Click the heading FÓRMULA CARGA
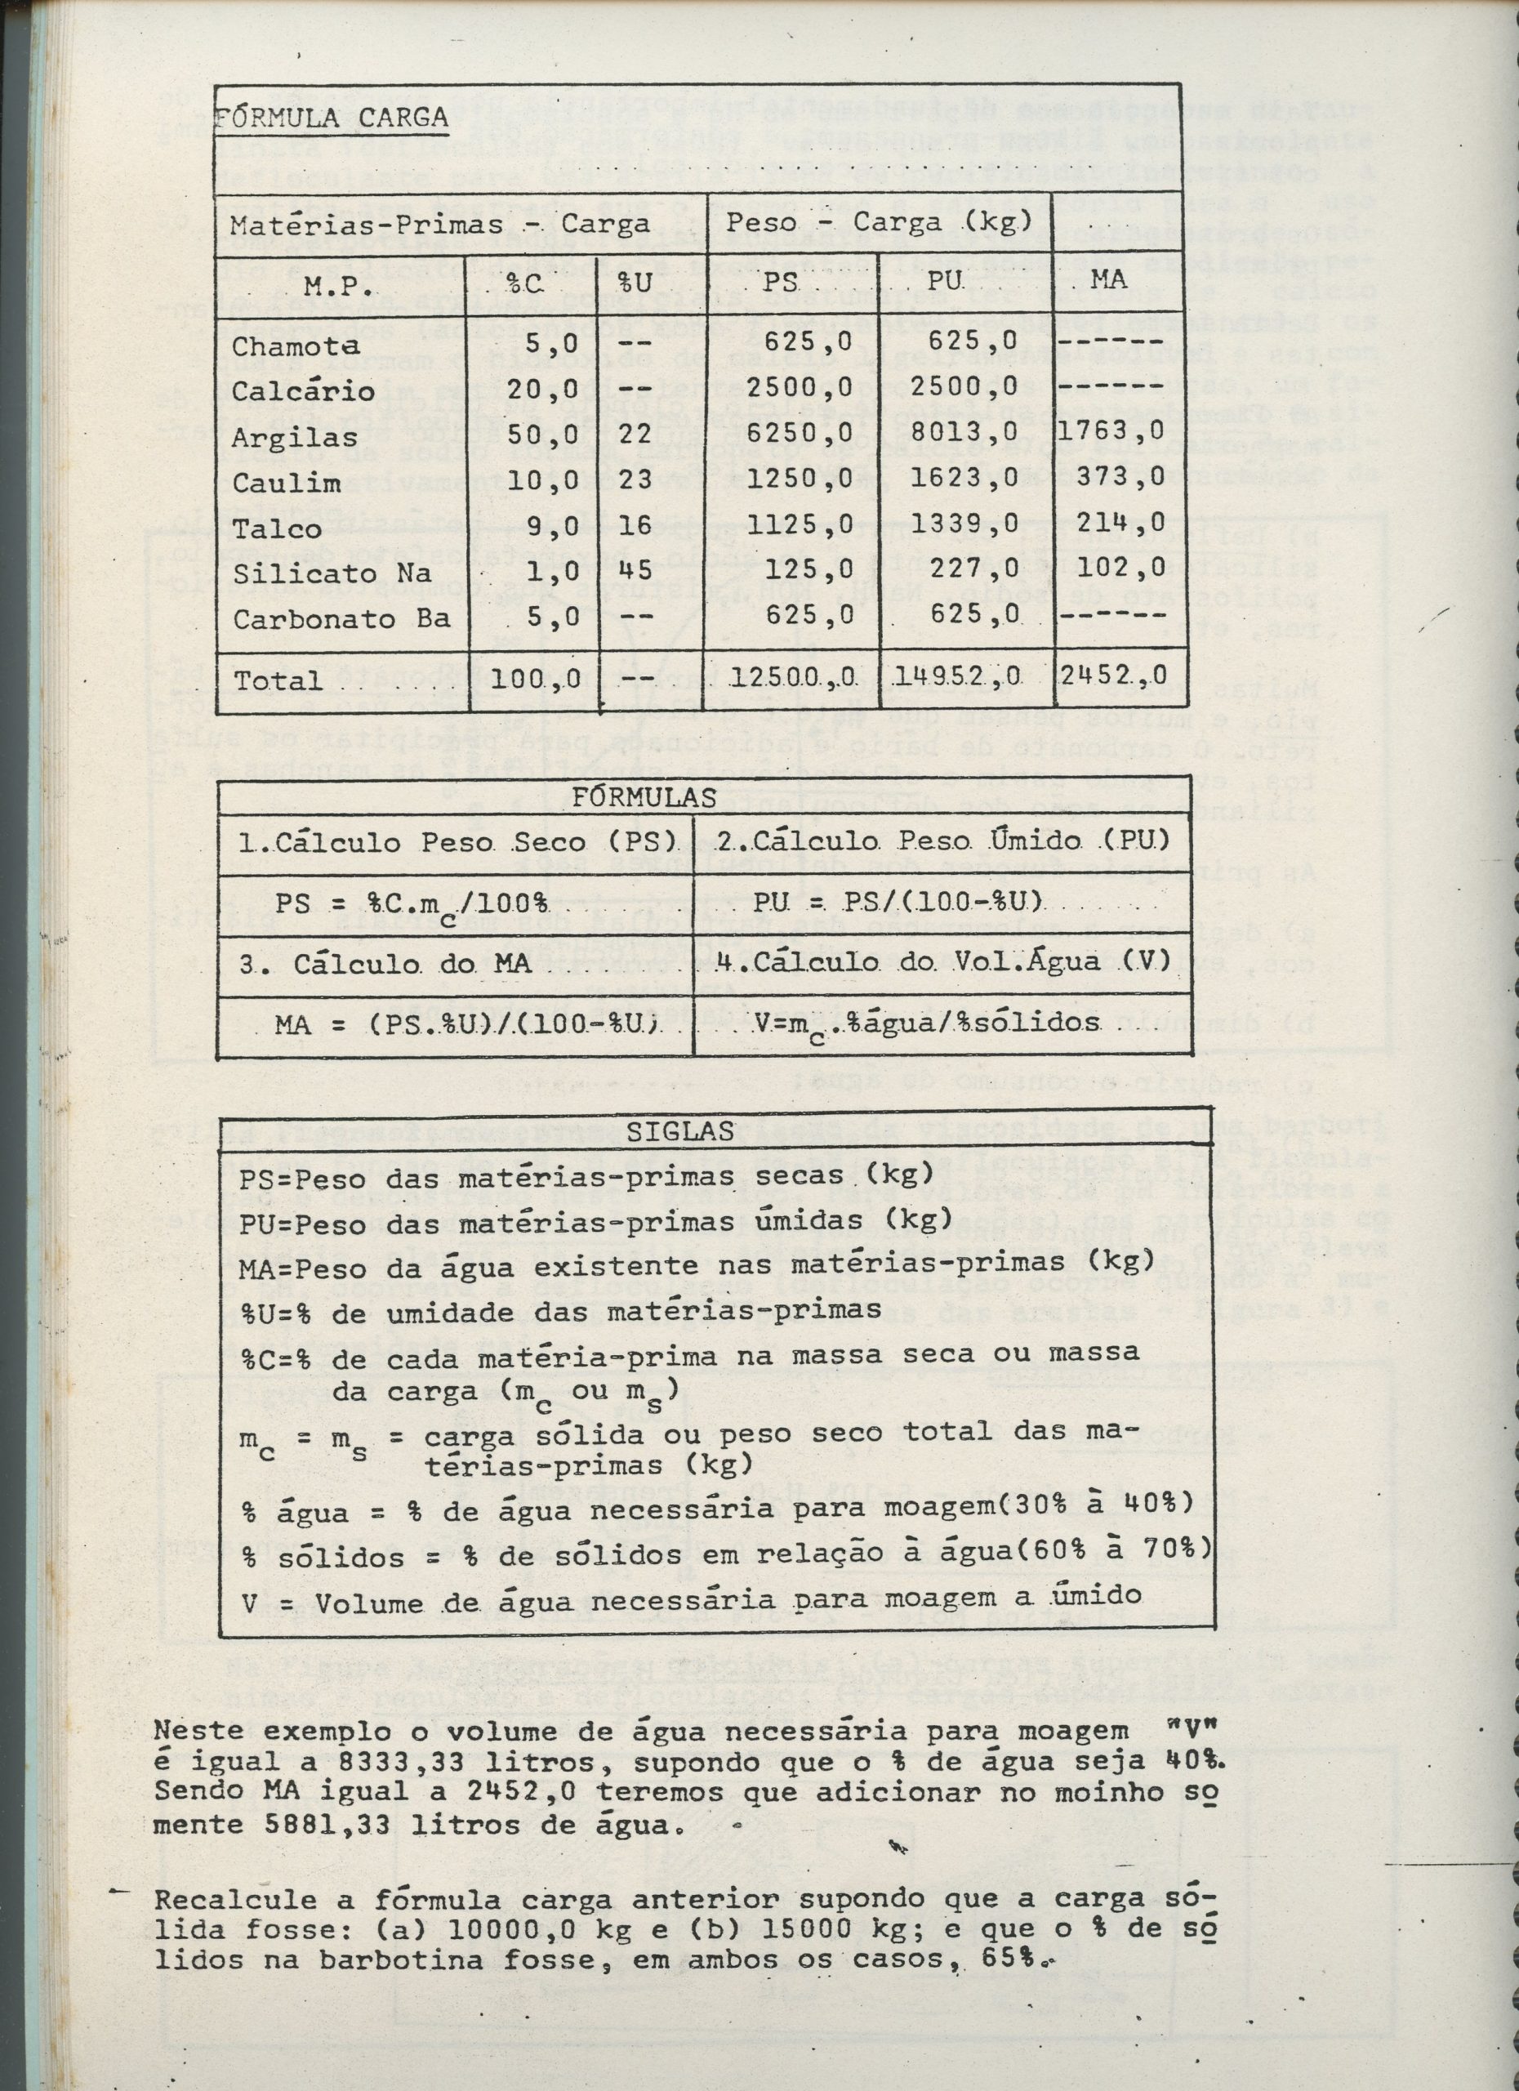(x=332, y=117)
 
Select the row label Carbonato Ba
(x=341, y=617)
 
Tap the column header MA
(x=1108, y=280)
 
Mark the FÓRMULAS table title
(x=644, y=797)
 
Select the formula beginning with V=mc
(x=926, y=1023)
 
